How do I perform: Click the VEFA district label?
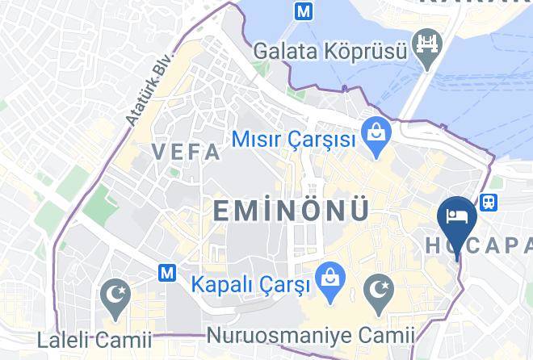(186, 152)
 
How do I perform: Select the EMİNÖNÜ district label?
(291, 211)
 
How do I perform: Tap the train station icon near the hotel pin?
(488, 202)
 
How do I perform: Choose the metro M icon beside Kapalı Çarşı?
(169, 273)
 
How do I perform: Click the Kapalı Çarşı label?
(250, 285)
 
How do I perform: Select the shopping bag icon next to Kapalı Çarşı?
(328, 275)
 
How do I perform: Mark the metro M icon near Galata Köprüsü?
(304, 13)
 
